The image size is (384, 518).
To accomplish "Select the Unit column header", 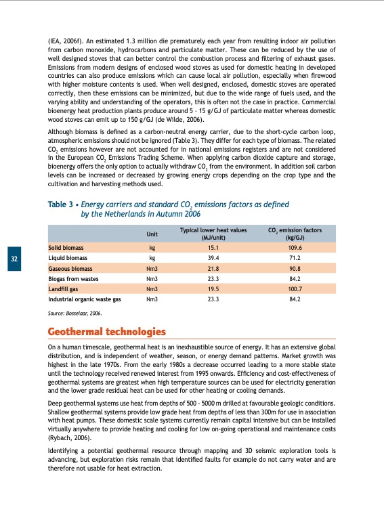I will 152,234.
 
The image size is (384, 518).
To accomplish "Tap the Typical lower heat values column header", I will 213,234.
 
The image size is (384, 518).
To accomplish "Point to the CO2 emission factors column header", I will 294,234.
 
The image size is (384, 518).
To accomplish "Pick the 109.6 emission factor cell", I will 294,248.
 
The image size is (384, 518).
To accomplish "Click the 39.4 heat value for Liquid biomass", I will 213,258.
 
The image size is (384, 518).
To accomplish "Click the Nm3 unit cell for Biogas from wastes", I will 152,278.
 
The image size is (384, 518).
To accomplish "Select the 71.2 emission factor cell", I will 294,258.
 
